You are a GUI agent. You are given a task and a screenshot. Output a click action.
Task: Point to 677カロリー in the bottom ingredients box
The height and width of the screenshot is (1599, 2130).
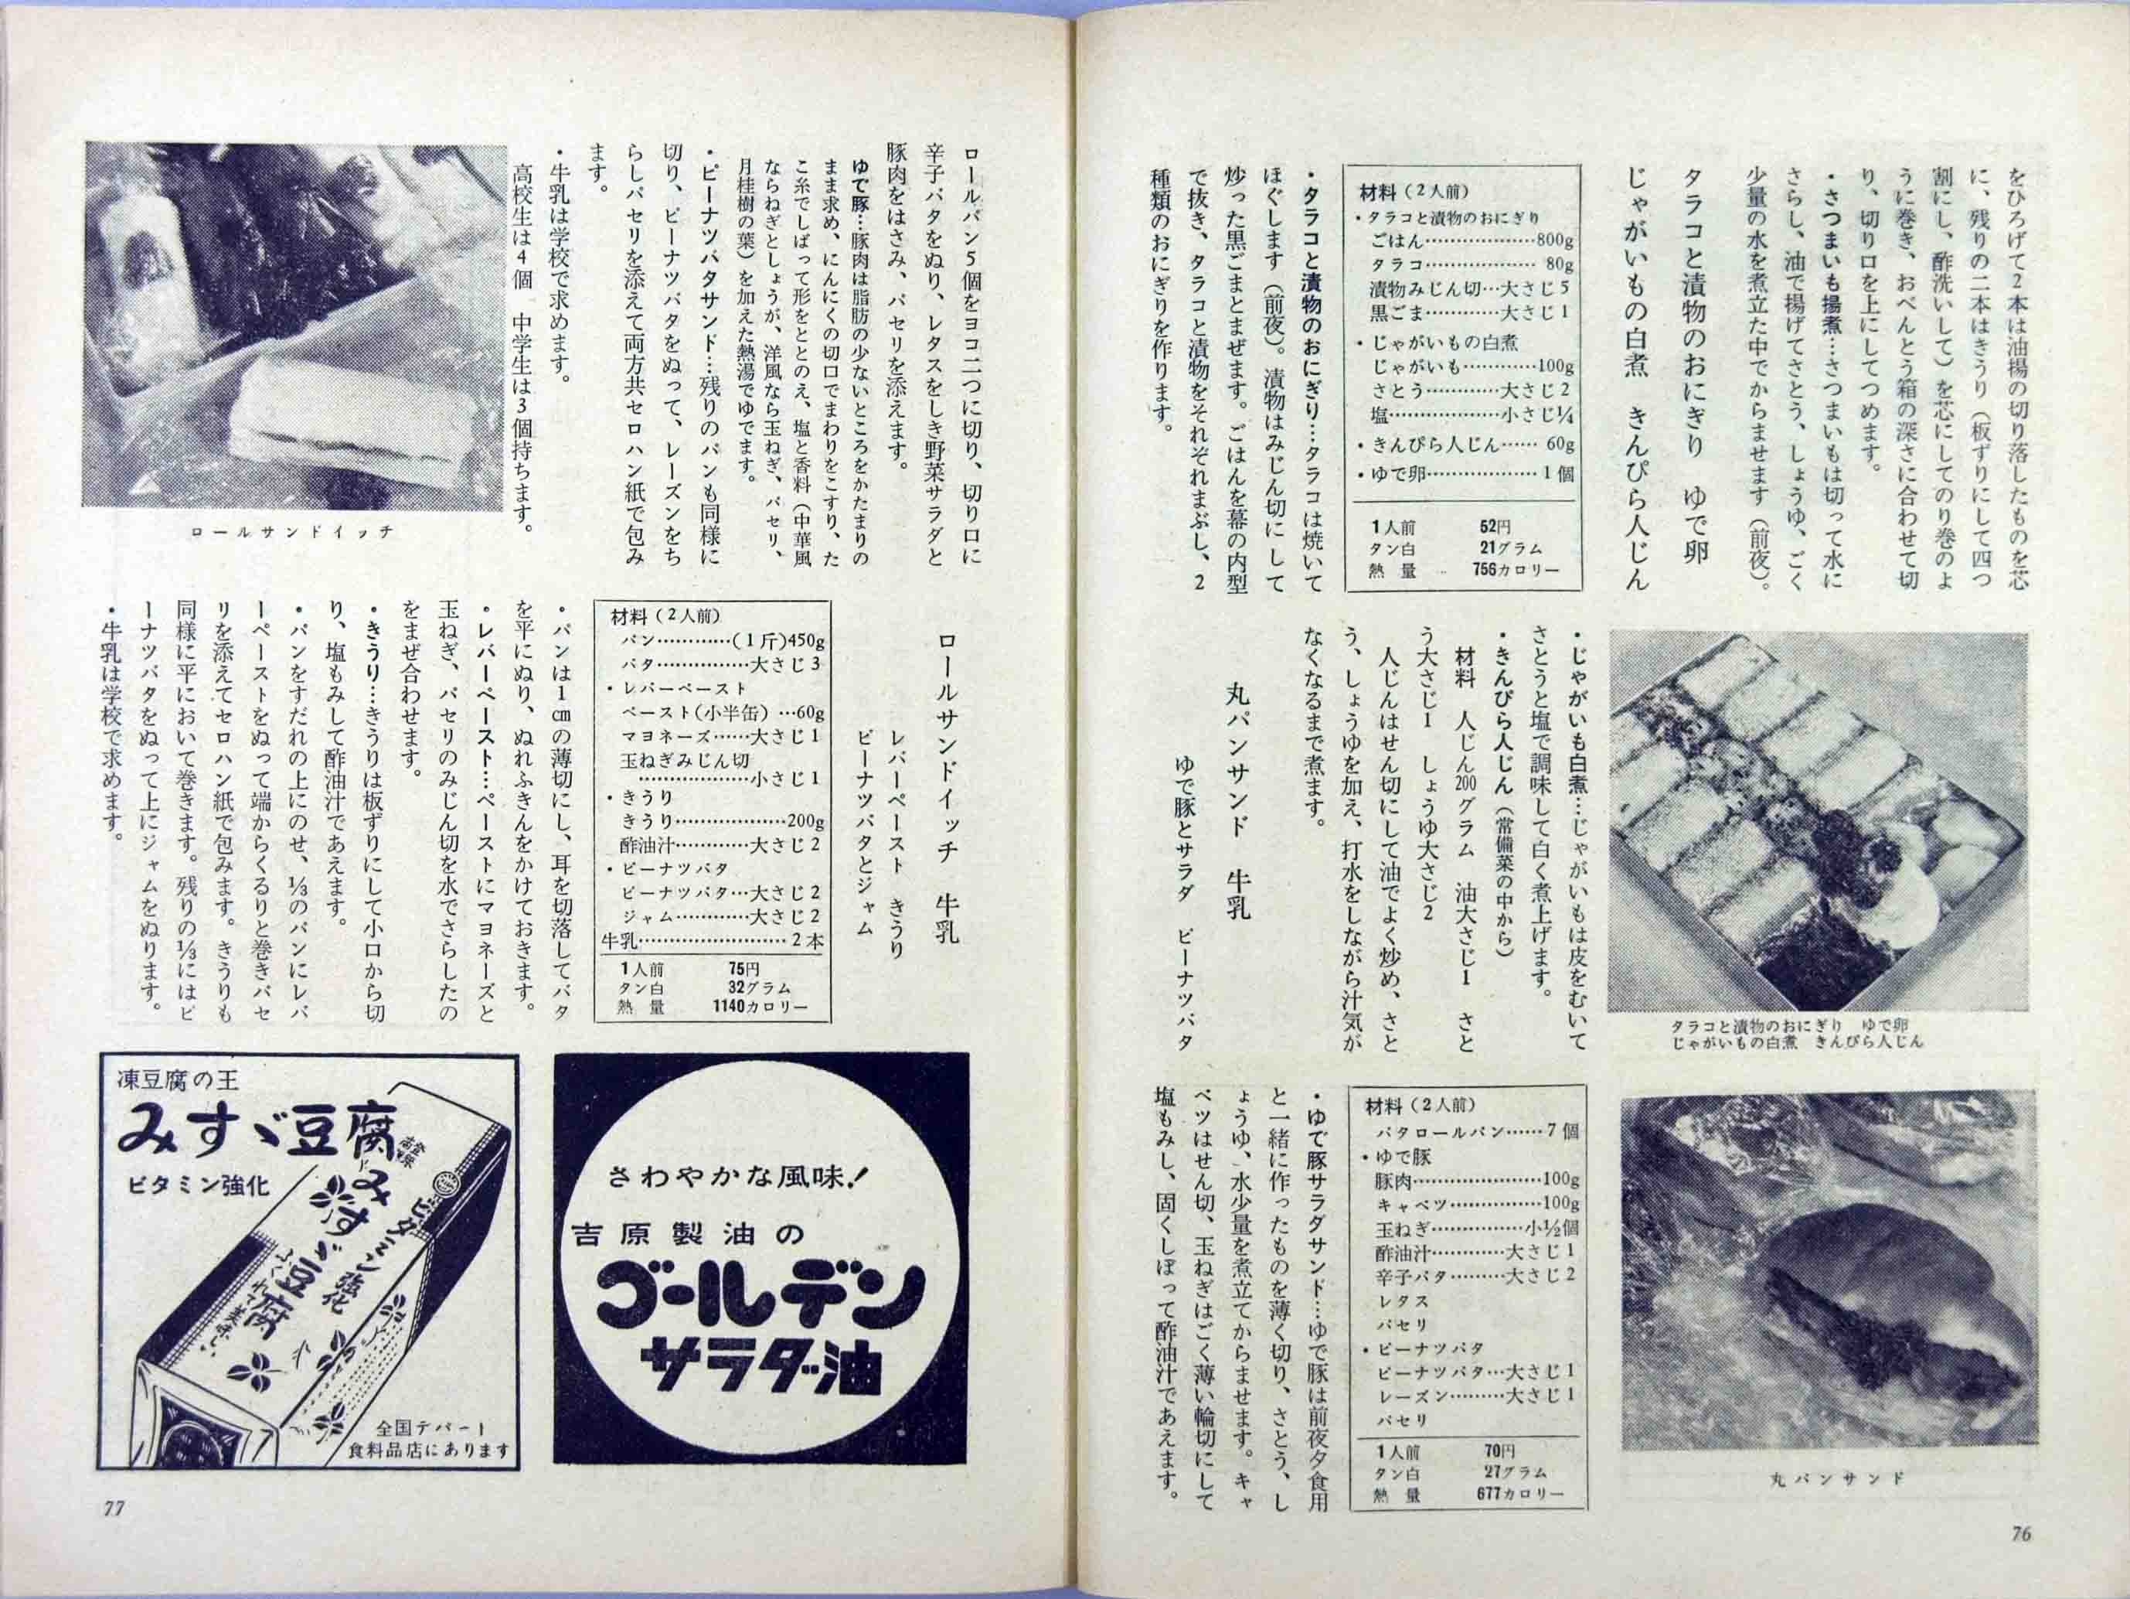click(x=1519, y=1520)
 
